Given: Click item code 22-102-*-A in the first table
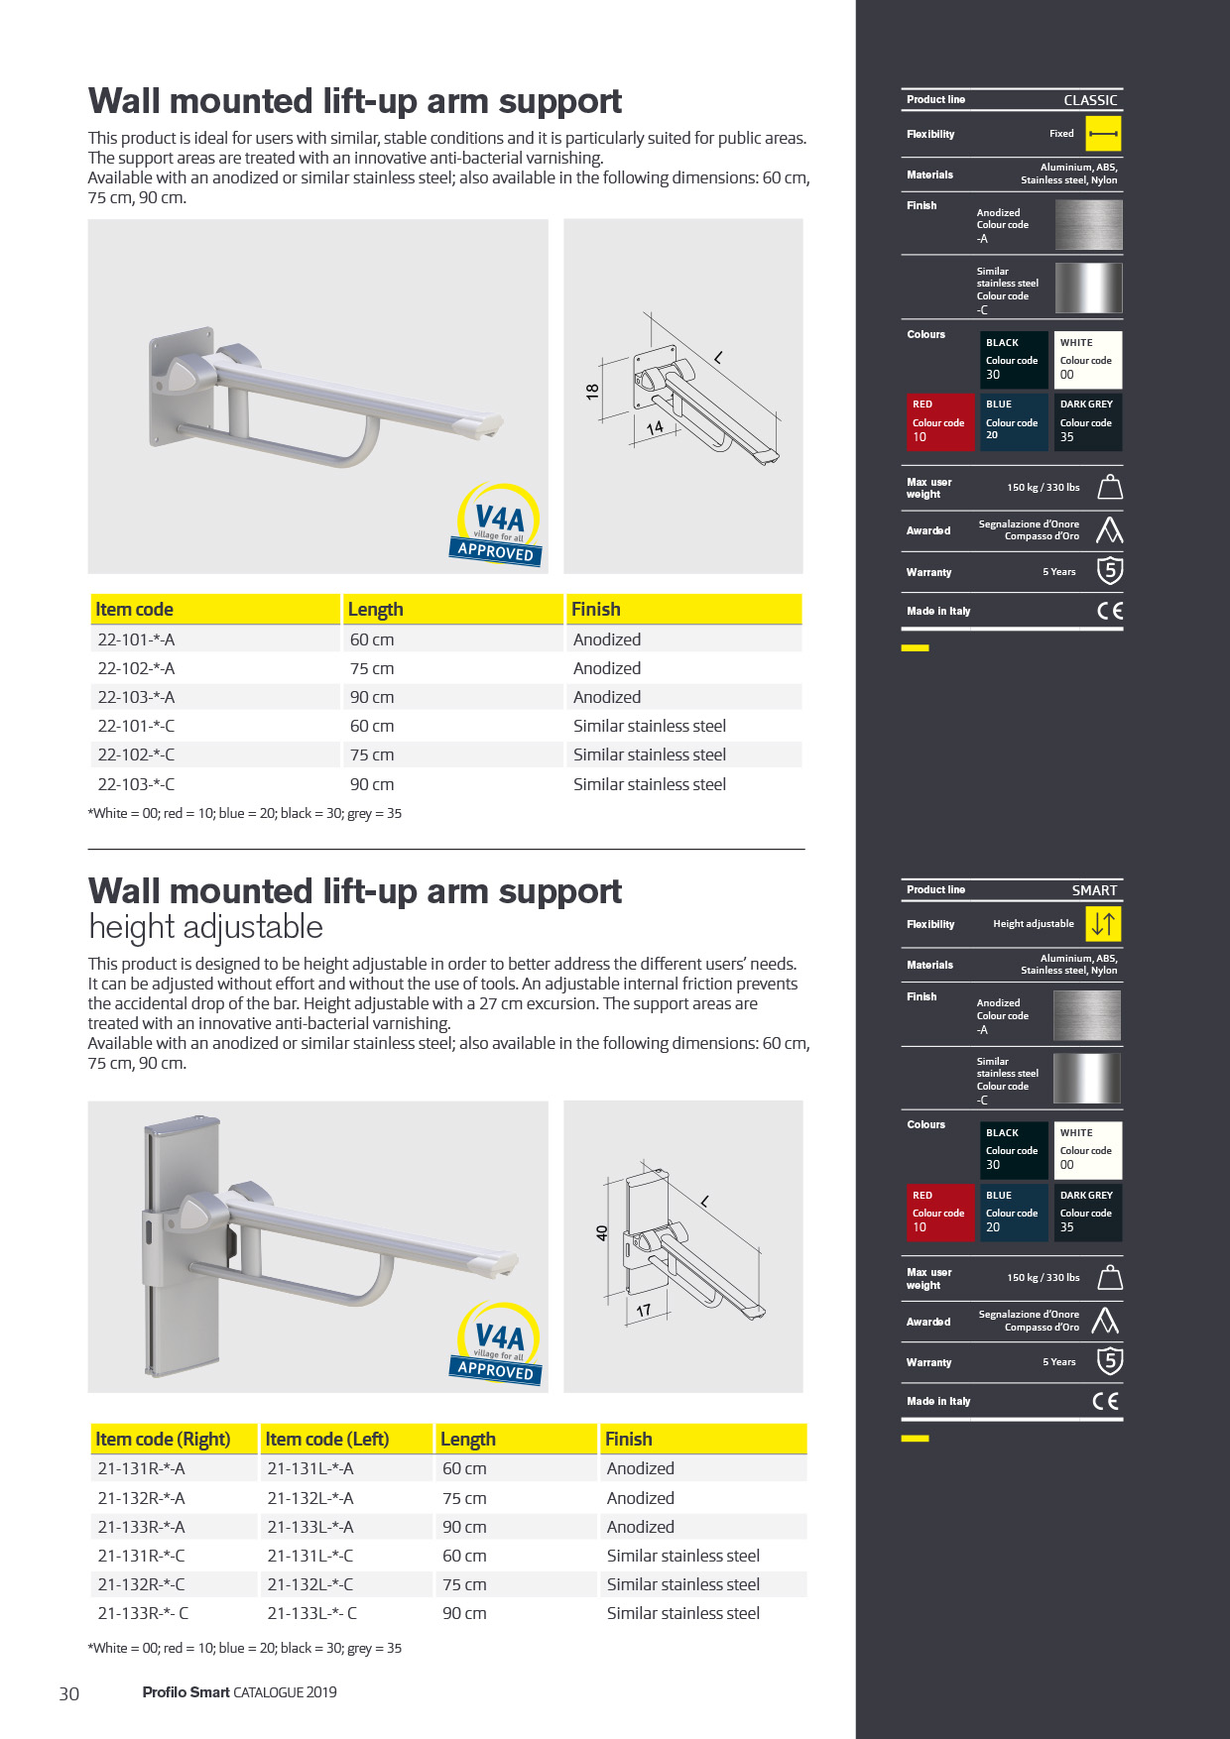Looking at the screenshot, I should tap(136, 668).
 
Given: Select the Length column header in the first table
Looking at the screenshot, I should tap(375, 609).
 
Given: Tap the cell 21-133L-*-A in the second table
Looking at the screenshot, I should tap(310, 1527).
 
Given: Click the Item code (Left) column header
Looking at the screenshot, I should tap(327, 1439).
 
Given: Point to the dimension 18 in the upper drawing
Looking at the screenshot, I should tap(592, 392).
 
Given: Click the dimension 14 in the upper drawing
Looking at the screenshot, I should tap(655, 428).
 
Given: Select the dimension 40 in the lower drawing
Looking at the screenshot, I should tap(601, 1232).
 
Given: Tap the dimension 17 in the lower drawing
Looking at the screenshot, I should tap(644, 1311).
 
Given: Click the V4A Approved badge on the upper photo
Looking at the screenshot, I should tap(498, 525).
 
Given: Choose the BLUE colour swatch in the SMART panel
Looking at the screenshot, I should tap(1013, 1212).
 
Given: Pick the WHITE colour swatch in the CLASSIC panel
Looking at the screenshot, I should tap(1087, 359).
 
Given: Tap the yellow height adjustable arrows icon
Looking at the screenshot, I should tap(1103, 924).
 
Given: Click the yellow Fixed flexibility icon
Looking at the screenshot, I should tap(1103, 134).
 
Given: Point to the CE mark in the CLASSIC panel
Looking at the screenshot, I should tap(1110, 611).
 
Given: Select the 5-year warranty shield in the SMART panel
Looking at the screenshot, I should tap(1109, 1361).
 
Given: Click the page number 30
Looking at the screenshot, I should tap(69, 1693).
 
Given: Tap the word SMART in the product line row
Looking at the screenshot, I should tap(1094, 890).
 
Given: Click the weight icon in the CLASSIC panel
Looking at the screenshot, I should tap(1110, 487).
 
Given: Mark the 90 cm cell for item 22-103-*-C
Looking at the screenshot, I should tap(372, 784).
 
